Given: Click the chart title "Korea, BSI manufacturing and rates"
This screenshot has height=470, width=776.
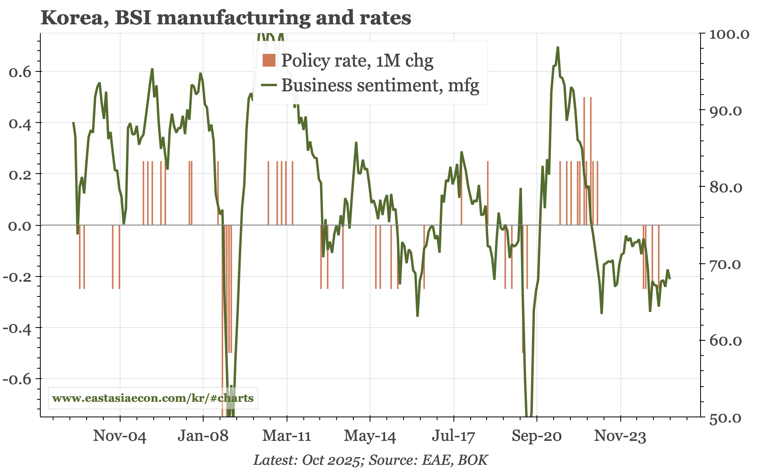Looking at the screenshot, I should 226,18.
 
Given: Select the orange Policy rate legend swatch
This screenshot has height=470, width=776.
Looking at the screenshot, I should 269,60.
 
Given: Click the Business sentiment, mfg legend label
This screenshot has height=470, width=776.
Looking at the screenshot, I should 380,85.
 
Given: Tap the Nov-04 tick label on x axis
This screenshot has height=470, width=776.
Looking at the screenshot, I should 120,436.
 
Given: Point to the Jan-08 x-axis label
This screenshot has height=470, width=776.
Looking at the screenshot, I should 203,436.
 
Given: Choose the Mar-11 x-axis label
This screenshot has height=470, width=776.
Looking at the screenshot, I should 287,436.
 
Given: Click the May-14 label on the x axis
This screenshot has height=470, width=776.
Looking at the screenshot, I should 370,436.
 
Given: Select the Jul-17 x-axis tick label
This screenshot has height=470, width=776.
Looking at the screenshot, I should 453,436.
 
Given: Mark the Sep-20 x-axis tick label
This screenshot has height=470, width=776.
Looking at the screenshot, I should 536,436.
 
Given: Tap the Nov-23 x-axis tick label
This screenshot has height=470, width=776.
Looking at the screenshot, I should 620,436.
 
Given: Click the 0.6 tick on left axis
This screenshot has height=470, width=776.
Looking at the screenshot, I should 20,72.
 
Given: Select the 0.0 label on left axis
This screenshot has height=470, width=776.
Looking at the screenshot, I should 20,226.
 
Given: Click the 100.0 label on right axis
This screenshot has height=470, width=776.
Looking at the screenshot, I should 729,34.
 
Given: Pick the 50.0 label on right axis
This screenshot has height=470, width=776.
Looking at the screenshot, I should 725,418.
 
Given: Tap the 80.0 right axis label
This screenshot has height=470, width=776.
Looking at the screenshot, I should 725,188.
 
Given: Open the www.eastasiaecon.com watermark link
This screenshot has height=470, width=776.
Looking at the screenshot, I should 153,398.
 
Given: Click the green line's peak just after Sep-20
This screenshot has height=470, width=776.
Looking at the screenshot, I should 558,47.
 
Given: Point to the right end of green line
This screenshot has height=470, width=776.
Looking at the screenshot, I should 669,278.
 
